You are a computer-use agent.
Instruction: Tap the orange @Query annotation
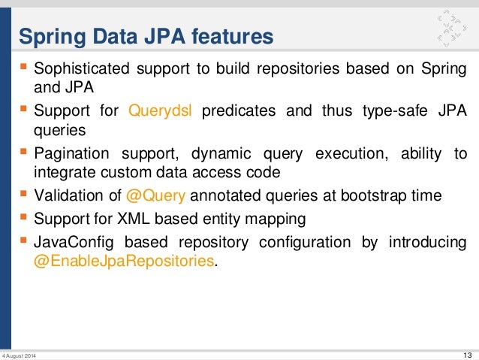click(x=154, y=196)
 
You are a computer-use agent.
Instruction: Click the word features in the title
click(x=232, y=35)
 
